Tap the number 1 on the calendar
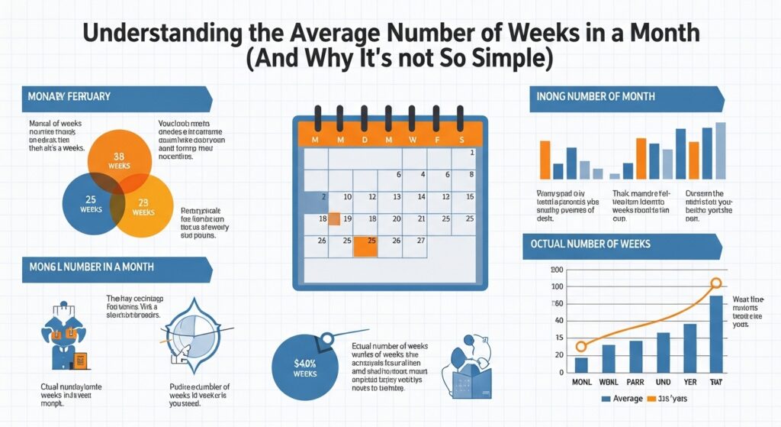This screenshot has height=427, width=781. click(x=472, y=153)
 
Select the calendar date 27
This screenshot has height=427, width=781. click(x=421, y=241)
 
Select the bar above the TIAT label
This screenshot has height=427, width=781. click(x=715, y=334)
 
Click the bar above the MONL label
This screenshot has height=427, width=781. click(x=581, y=364)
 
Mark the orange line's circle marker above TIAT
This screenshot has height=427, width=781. click(x=715, y=283)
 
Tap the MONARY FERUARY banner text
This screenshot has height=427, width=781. click(x=69, y=97)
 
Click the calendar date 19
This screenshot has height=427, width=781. click(x=347, y=218)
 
